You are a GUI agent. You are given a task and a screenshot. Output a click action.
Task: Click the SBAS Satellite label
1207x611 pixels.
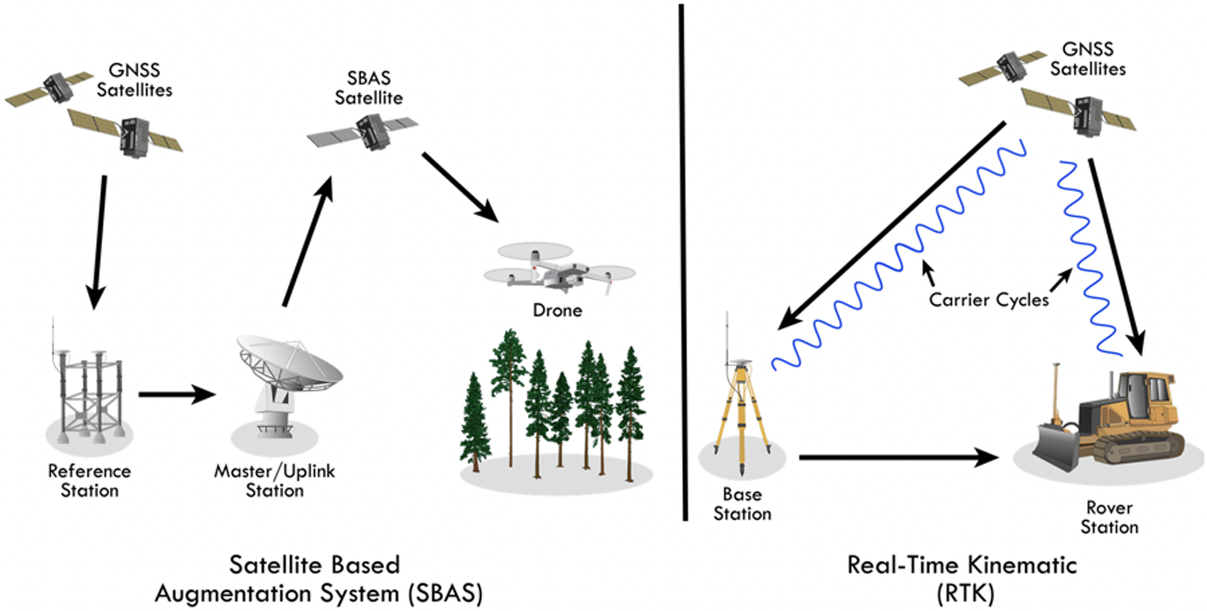[369, 88]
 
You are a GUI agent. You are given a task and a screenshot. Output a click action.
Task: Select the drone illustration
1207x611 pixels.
[559, 269]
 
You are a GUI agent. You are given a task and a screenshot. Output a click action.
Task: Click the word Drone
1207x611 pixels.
[557, 310]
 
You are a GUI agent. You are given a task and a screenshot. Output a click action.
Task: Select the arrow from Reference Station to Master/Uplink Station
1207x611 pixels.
[177, 395]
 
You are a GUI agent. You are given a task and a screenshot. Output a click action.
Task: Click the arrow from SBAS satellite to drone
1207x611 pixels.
[461, 187]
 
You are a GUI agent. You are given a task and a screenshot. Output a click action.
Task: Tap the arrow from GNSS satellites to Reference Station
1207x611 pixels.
[99, 242]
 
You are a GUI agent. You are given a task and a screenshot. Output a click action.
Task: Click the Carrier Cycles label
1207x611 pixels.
[988, 299]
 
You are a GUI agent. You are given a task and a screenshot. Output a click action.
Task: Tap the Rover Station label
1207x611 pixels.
[1109, 517]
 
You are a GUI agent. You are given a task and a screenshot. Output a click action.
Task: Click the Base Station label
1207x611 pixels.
[742, 504]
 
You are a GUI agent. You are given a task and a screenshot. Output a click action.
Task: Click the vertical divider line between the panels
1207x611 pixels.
[683, 262]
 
